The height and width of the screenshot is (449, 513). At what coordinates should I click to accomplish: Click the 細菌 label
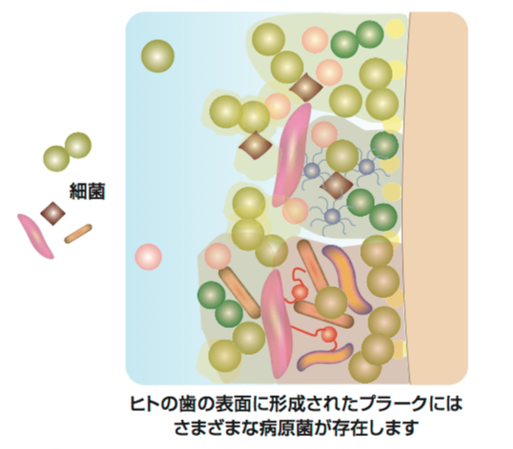pos(87,191)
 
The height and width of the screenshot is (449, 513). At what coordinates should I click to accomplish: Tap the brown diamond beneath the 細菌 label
pos(53,213)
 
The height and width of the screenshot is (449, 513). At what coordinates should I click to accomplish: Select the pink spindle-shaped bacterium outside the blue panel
pos(35,237)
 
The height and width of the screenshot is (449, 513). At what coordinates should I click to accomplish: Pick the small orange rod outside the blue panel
pos(77,234)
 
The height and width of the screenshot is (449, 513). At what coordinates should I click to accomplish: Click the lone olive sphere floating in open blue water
pos(158,56)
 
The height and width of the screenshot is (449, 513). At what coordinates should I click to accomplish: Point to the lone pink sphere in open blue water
pos(148,257)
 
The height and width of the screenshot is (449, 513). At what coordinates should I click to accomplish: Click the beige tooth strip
pos(438,198)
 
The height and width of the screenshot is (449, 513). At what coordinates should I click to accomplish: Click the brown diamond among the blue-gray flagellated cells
pos(337,185)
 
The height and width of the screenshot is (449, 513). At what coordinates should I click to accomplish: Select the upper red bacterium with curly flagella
pos(298,288)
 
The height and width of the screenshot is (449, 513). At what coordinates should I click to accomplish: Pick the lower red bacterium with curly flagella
pos(328,334)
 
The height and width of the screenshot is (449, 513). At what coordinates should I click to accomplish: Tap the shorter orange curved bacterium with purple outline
pos(325,357)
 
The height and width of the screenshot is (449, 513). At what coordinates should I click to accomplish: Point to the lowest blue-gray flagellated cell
pos(332,216)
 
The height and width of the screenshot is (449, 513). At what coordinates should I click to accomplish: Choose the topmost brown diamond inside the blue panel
pos(306,88)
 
